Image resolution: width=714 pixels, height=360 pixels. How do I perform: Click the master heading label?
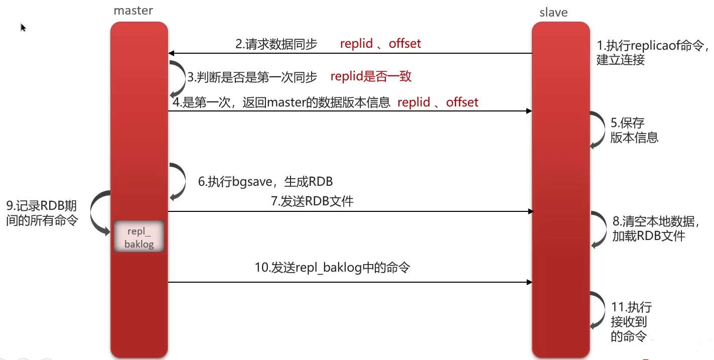[x=133, y=10]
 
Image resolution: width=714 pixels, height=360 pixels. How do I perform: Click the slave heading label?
[x=553, y=13]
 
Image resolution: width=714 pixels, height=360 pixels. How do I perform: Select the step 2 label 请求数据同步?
[x=276, y=44]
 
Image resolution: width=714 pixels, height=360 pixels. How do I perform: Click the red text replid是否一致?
[x=371, y=76]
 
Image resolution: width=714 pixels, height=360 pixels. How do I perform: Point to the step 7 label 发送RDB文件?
[x=312, y=201]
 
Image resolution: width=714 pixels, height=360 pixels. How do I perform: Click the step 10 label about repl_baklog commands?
[x=332, y=268]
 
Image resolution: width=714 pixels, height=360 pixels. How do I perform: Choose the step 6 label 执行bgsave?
[x=265, y=181]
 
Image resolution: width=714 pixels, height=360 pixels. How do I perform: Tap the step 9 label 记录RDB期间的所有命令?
[x=42, y=213]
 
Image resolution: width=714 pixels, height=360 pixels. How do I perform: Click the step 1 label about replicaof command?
[x=652, y=52]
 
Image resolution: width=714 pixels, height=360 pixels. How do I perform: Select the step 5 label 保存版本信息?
[x=634, y=130]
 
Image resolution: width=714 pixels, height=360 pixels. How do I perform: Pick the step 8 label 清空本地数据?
[x=655, y=228]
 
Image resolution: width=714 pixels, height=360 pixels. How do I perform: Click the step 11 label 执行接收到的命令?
[x=631, y=322]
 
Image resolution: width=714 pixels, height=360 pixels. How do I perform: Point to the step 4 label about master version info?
[x=281, y=103]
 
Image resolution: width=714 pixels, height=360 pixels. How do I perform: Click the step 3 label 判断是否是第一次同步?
[x=252, y=77]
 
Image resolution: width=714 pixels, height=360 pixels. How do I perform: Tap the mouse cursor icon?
[x=23, y=27]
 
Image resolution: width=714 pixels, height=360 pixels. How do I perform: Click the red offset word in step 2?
[x=405, y=44]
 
